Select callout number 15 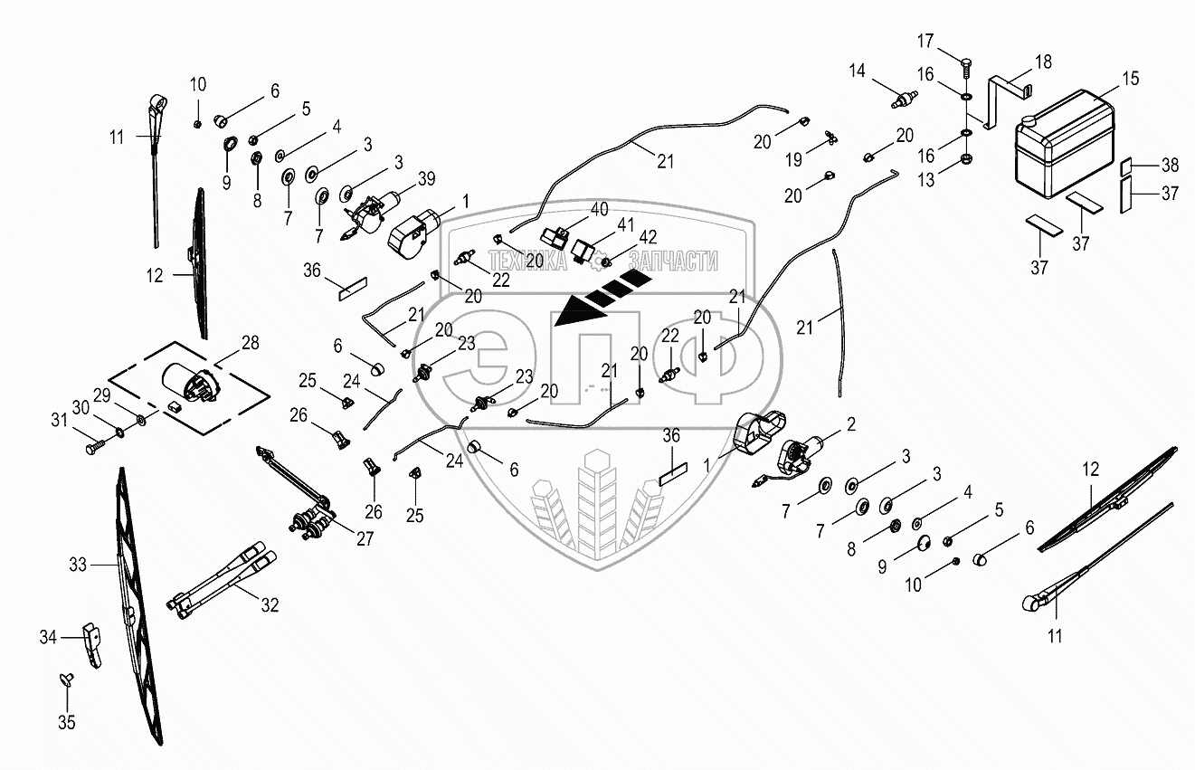pyautogui.click(x=1131, y=81)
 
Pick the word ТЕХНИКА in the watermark pyautogui.click(x=528, y=261)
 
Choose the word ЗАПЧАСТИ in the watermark pyautogui.click(x=674, y=261)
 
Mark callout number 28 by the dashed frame pyautogui.click(x=250, y=341)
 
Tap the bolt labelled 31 pyautogui.click(x=94, y=447)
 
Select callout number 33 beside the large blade pyautogui.click(x=78, y=566)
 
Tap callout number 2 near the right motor pyautogui.click(x=850, y=423)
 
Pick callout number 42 pyautogui.click(x=649, y=238)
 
